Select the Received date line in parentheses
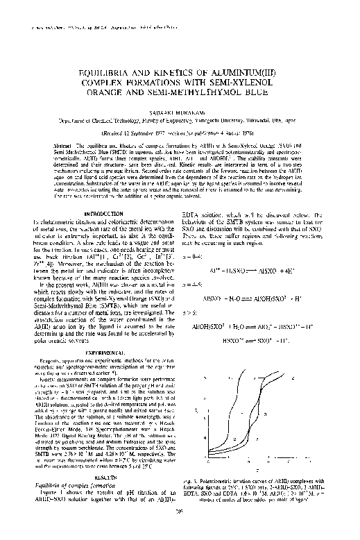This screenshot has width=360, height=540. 180,131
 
